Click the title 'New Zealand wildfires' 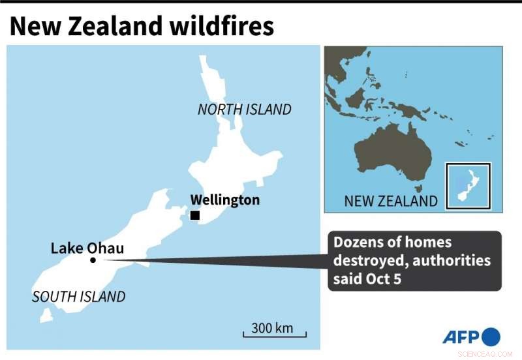click(142, 25)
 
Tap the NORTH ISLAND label click(244, 110)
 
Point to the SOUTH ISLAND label click(78, 297)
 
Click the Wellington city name click(224, 200)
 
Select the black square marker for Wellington click(194, 215)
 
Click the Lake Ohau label click(87, 248)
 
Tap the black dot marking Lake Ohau click(93, 260)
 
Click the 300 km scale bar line click(274, 336)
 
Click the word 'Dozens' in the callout click(358, 243)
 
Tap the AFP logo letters click(461, 337)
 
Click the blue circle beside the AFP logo click(491, 337)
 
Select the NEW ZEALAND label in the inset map click(391, 200)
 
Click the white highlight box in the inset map click(468, 186)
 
